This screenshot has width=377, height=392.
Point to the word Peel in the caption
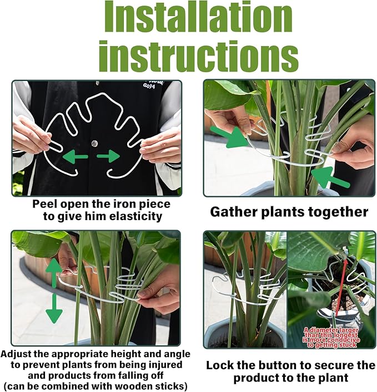pyautogui.click(x=46, y=203)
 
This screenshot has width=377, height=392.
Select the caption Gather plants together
pyautogui.click(x=289, y=212)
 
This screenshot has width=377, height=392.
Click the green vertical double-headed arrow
pyautogui.click(x=54, y=291)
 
